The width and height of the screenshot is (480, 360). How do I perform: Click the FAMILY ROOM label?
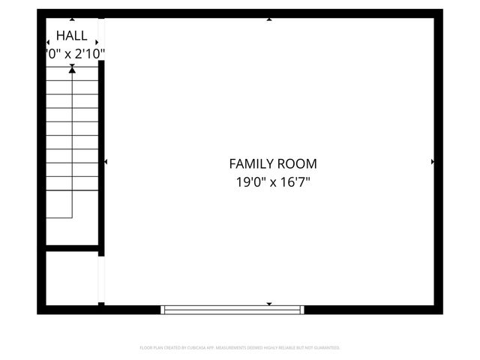pos(272,163)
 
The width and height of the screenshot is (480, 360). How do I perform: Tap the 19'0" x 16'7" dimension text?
pos(272,181)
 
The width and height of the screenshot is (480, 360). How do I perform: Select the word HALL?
pos(71,35)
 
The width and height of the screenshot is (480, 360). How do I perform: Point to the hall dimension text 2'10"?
pos(88,53)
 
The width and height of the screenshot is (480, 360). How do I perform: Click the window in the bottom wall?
pos(232,309)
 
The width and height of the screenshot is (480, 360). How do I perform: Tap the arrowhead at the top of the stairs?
pos(72,69)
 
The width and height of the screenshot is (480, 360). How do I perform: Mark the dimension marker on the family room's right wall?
pos(433,162)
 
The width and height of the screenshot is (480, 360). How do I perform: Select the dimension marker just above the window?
pos(269,303)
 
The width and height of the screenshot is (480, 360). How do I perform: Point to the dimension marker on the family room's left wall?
pos(106,162)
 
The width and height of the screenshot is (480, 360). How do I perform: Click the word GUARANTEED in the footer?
pos(325,348)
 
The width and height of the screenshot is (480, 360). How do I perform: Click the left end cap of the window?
pos(163,309)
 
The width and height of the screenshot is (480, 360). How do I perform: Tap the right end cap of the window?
pos(303,309)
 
